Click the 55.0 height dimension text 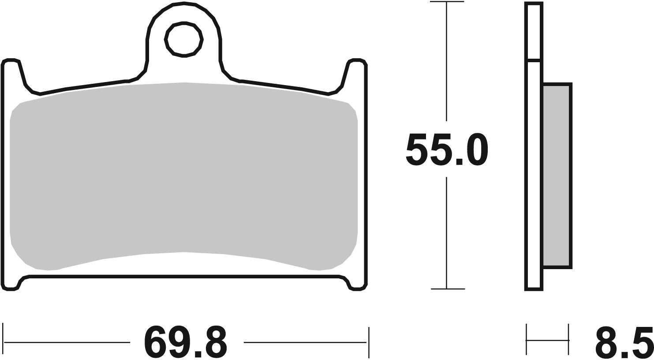447,150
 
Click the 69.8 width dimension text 186,342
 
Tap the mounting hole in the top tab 183,39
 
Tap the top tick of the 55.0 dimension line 447,3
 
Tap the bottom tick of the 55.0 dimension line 447,289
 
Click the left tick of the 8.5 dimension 527,340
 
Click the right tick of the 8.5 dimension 568,340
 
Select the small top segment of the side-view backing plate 534,31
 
